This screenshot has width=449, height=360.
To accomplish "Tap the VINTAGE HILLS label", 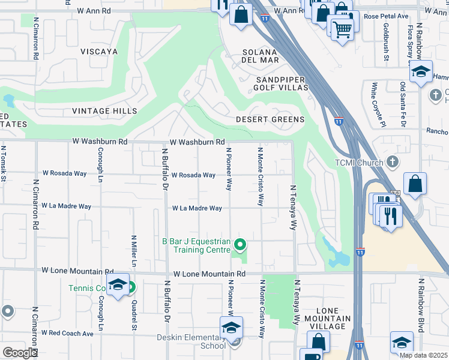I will (x=104, y=111).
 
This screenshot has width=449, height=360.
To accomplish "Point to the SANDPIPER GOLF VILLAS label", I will (x=282, y=83).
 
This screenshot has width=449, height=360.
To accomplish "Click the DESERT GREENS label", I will (x=270, y=119).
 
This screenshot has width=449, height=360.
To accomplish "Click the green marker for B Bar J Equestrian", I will (x=240, y=244).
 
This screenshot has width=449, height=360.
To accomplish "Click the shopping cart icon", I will (x=342, y=28).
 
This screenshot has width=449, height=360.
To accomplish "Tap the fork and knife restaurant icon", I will (x=391, y=217).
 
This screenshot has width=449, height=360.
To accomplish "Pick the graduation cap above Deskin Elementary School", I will (x=231, y=328).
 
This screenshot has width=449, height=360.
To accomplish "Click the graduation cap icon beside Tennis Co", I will (x=118, y=284).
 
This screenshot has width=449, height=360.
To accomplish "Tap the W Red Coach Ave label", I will (x=67, y=333).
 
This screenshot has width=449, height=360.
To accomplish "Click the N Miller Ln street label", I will (x=134, y=251).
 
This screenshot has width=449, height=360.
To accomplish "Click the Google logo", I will (x=20, y=352).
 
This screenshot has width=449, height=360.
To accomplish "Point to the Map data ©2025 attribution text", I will (x=423, y=355).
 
